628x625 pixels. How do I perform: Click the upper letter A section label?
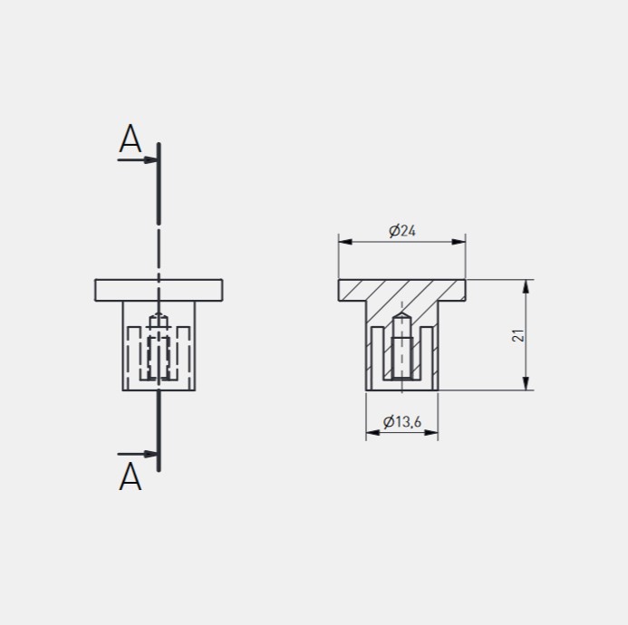[130, 139]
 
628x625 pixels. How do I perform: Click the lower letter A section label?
[130, 476]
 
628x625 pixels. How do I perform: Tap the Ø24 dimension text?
[402, 231]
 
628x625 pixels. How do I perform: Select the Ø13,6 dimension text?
[402, 421]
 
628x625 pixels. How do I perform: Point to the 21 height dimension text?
[517, 335]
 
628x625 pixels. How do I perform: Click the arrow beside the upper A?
[138, 159]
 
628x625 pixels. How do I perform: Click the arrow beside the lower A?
[138, 454]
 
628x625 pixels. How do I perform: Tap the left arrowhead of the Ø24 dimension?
[345, 242]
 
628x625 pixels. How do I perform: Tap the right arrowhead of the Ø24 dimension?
[459, 242]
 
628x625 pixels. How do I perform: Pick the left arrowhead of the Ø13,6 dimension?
[372, 433]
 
